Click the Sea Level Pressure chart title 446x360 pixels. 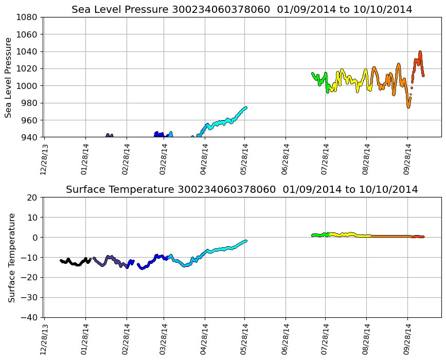(242, 10)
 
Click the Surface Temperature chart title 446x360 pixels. (242, 190)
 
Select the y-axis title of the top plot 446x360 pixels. (9, 77)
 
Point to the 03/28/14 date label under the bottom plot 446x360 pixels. (164, 338)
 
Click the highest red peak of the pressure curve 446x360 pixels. (420, 52)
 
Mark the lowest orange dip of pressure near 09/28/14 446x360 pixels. (408, 106)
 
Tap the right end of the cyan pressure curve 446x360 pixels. (246, 107)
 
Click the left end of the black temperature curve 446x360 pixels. (61, 260)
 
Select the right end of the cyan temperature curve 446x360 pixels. (246, 241)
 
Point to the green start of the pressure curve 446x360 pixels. (312, 74)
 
